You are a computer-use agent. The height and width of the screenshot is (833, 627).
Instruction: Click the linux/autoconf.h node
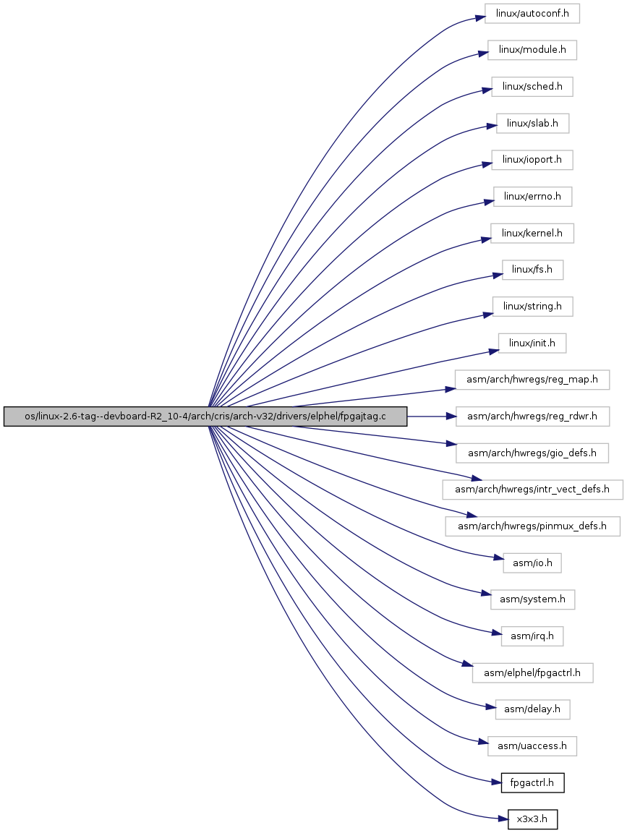click(532, 13)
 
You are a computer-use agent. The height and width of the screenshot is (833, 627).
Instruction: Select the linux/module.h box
click(532, 50)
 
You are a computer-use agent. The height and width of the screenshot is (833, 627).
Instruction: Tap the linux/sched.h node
click(532, 87)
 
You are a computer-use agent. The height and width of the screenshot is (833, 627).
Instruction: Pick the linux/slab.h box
click(532, 123)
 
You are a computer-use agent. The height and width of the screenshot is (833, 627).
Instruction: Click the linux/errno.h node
click(532, 197)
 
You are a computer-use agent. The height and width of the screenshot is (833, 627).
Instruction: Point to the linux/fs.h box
click(532, 270)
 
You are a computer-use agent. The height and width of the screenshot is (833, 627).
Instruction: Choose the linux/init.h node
click(532, 343)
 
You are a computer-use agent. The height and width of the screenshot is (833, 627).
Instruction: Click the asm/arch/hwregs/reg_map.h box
click(532, 380)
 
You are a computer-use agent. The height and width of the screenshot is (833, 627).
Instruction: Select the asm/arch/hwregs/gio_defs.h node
click(532, 453)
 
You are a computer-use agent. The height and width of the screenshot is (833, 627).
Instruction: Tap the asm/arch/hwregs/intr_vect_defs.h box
click(532, 490)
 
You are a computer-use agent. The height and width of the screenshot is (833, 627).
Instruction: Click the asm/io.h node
click(532, 563)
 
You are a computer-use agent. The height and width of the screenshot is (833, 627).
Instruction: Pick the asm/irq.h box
click(532, 636)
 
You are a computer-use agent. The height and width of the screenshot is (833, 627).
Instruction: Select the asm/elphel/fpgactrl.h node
click(532, 673)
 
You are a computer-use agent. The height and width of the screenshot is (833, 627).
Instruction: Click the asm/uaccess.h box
click(532, 746)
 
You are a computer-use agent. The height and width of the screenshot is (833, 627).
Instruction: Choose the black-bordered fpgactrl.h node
click(532, 783)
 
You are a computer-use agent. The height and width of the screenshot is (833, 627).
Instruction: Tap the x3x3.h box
click(532, 819)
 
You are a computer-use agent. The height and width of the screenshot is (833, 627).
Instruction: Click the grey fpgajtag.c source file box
click(205, 416)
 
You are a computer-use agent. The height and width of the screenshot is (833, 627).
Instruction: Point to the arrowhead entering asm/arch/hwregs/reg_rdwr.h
click(450, 416)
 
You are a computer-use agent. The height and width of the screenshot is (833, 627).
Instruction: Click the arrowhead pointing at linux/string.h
click(487, 315)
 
